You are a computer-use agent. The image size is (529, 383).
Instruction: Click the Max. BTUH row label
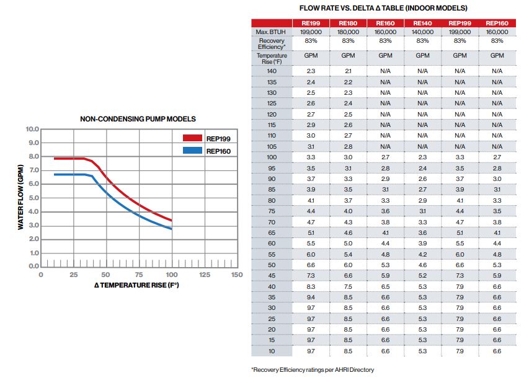pos(271,31)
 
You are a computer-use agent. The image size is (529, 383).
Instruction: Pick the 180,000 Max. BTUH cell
pos(348,31)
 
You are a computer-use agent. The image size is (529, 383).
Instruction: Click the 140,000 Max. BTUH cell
pos(422,31)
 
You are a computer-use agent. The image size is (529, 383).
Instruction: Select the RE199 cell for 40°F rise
pos(311,286)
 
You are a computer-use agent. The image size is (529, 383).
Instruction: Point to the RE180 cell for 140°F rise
pos(348,71)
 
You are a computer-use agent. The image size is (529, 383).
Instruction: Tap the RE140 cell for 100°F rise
pos(422,157)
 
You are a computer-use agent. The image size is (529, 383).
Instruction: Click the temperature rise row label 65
pos(271,232)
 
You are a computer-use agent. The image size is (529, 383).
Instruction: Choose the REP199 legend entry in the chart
pos(218,138)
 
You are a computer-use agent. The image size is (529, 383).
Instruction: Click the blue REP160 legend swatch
pos(192,151)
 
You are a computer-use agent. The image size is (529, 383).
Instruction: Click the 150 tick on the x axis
pos(236,275)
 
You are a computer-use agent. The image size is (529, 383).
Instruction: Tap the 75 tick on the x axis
pos(139,275)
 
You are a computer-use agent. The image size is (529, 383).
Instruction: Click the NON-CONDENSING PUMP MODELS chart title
pos(138,119)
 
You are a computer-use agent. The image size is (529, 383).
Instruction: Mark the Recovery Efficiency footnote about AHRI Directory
pos(313,370)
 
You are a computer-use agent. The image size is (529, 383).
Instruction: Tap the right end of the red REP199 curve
pos(171,220)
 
